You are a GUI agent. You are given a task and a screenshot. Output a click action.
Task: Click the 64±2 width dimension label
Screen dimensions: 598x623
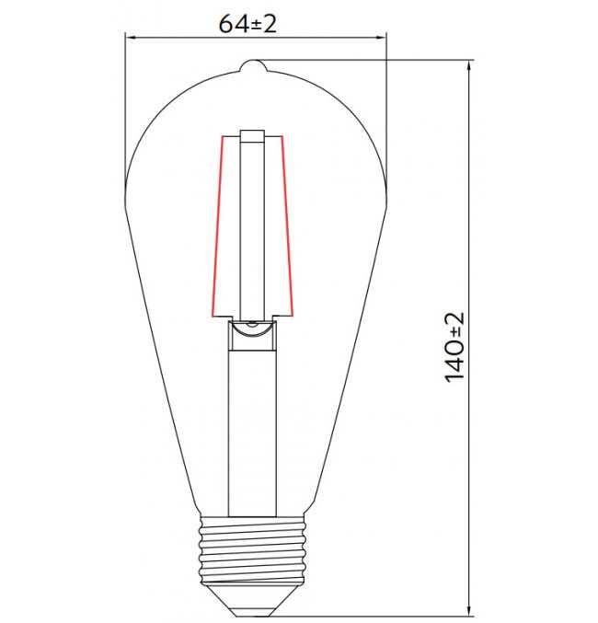[247, 24]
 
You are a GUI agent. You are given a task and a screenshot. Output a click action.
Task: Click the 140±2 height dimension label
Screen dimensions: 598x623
[454, 347]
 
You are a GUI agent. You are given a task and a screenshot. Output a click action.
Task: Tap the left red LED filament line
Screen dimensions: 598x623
[217, 226]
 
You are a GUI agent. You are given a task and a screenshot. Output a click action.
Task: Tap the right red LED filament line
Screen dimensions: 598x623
[287, 225]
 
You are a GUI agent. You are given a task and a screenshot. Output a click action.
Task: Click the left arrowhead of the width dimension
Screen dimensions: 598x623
[132, 38]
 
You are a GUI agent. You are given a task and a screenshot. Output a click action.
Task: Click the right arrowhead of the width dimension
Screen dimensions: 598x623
[381, 38]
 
